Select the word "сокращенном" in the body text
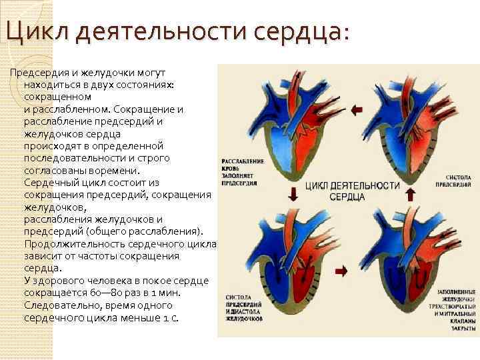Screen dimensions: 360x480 click(57, 97)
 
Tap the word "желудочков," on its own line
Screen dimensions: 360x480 click(50, 207)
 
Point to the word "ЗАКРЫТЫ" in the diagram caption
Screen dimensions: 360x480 click(461, 328)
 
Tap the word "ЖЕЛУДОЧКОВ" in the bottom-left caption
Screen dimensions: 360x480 click(244, 319)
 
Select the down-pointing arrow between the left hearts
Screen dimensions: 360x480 click(291, 194)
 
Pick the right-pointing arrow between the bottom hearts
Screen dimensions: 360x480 click(342, 271)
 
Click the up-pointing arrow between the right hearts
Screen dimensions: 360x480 click(410, 194)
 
